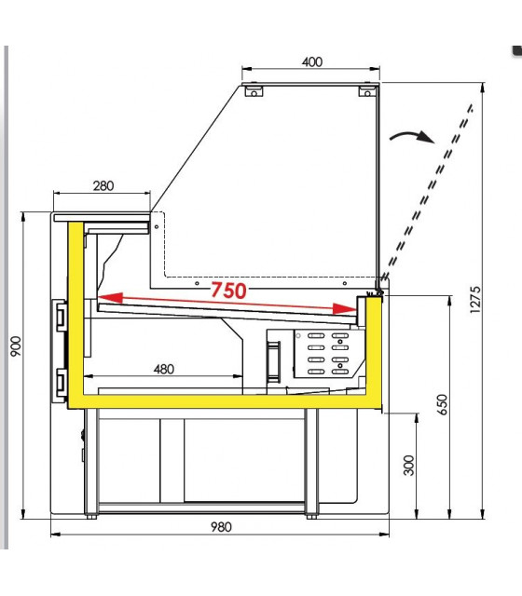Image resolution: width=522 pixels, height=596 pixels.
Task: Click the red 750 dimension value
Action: click(228, 291)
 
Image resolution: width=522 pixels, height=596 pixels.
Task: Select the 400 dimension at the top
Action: click(312, 61)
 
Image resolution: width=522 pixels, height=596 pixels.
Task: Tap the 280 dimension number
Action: click(103, 186)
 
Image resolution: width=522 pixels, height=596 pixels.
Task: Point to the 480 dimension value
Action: click(164, 369)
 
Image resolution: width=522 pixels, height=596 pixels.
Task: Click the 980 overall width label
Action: click(221, 527)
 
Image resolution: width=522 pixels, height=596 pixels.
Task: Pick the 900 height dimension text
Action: click(16, 345)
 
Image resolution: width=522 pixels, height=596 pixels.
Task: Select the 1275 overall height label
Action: click(475, 300)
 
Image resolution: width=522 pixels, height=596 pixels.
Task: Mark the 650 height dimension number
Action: click(443, 405)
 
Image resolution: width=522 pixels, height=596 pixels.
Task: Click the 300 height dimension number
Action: click(409, 466)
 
